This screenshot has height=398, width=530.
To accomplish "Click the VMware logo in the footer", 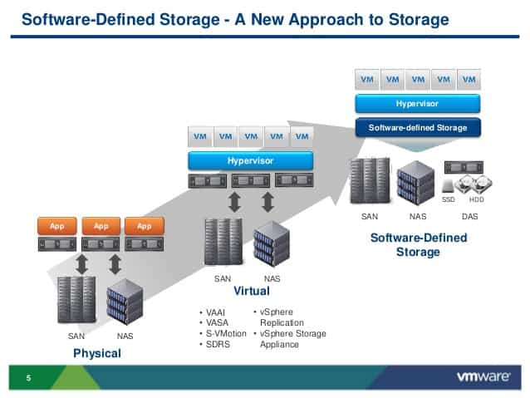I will pos(483,376).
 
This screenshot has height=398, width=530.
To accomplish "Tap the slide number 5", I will pos(28,379).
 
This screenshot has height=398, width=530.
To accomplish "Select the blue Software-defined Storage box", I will pos(418,128).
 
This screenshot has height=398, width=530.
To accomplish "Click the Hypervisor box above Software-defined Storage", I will pos(417,104).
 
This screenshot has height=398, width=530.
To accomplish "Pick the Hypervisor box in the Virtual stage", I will pos(250,160).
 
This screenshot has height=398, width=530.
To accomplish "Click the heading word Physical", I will pos(97,353).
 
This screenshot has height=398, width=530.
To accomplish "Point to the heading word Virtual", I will pos(251,292).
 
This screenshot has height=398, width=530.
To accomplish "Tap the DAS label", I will pos(469,216).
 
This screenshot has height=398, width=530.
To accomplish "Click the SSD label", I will pos(449,199).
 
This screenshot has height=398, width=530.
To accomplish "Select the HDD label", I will pos(477,199).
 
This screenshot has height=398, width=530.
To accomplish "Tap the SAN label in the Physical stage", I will pos(76,337).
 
